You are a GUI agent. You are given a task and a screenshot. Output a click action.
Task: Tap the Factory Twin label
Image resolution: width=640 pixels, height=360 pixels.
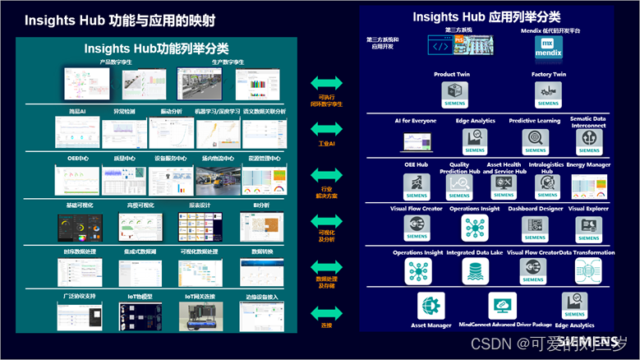(x=548, y=75)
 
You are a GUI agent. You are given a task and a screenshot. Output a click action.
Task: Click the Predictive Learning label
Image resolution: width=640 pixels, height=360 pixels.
(x=534, y=120)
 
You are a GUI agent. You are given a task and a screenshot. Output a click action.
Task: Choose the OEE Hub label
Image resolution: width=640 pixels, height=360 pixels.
(x=417, y=164)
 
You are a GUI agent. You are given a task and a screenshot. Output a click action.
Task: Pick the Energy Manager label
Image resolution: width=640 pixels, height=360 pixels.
(x=587, y=164)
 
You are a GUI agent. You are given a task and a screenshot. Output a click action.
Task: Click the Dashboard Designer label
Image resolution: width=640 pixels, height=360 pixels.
(x=535, y=209)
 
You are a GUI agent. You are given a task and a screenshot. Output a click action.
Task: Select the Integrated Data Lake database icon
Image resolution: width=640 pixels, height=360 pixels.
(x=474, y=270)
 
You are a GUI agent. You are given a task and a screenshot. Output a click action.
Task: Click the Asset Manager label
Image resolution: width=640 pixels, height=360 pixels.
(x=431, y=325)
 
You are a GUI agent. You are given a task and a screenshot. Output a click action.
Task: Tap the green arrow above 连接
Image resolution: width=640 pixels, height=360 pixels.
(x=326, y=312)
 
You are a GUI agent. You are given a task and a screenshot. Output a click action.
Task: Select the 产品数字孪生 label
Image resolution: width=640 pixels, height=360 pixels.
(x=115, y=62)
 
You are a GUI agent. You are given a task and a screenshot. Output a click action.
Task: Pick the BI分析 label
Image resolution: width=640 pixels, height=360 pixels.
(x=260, y=204)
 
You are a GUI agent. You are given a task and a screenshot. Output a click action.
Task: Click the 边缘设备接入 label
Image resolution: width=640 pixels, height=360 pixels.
(x=261, y=294)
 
